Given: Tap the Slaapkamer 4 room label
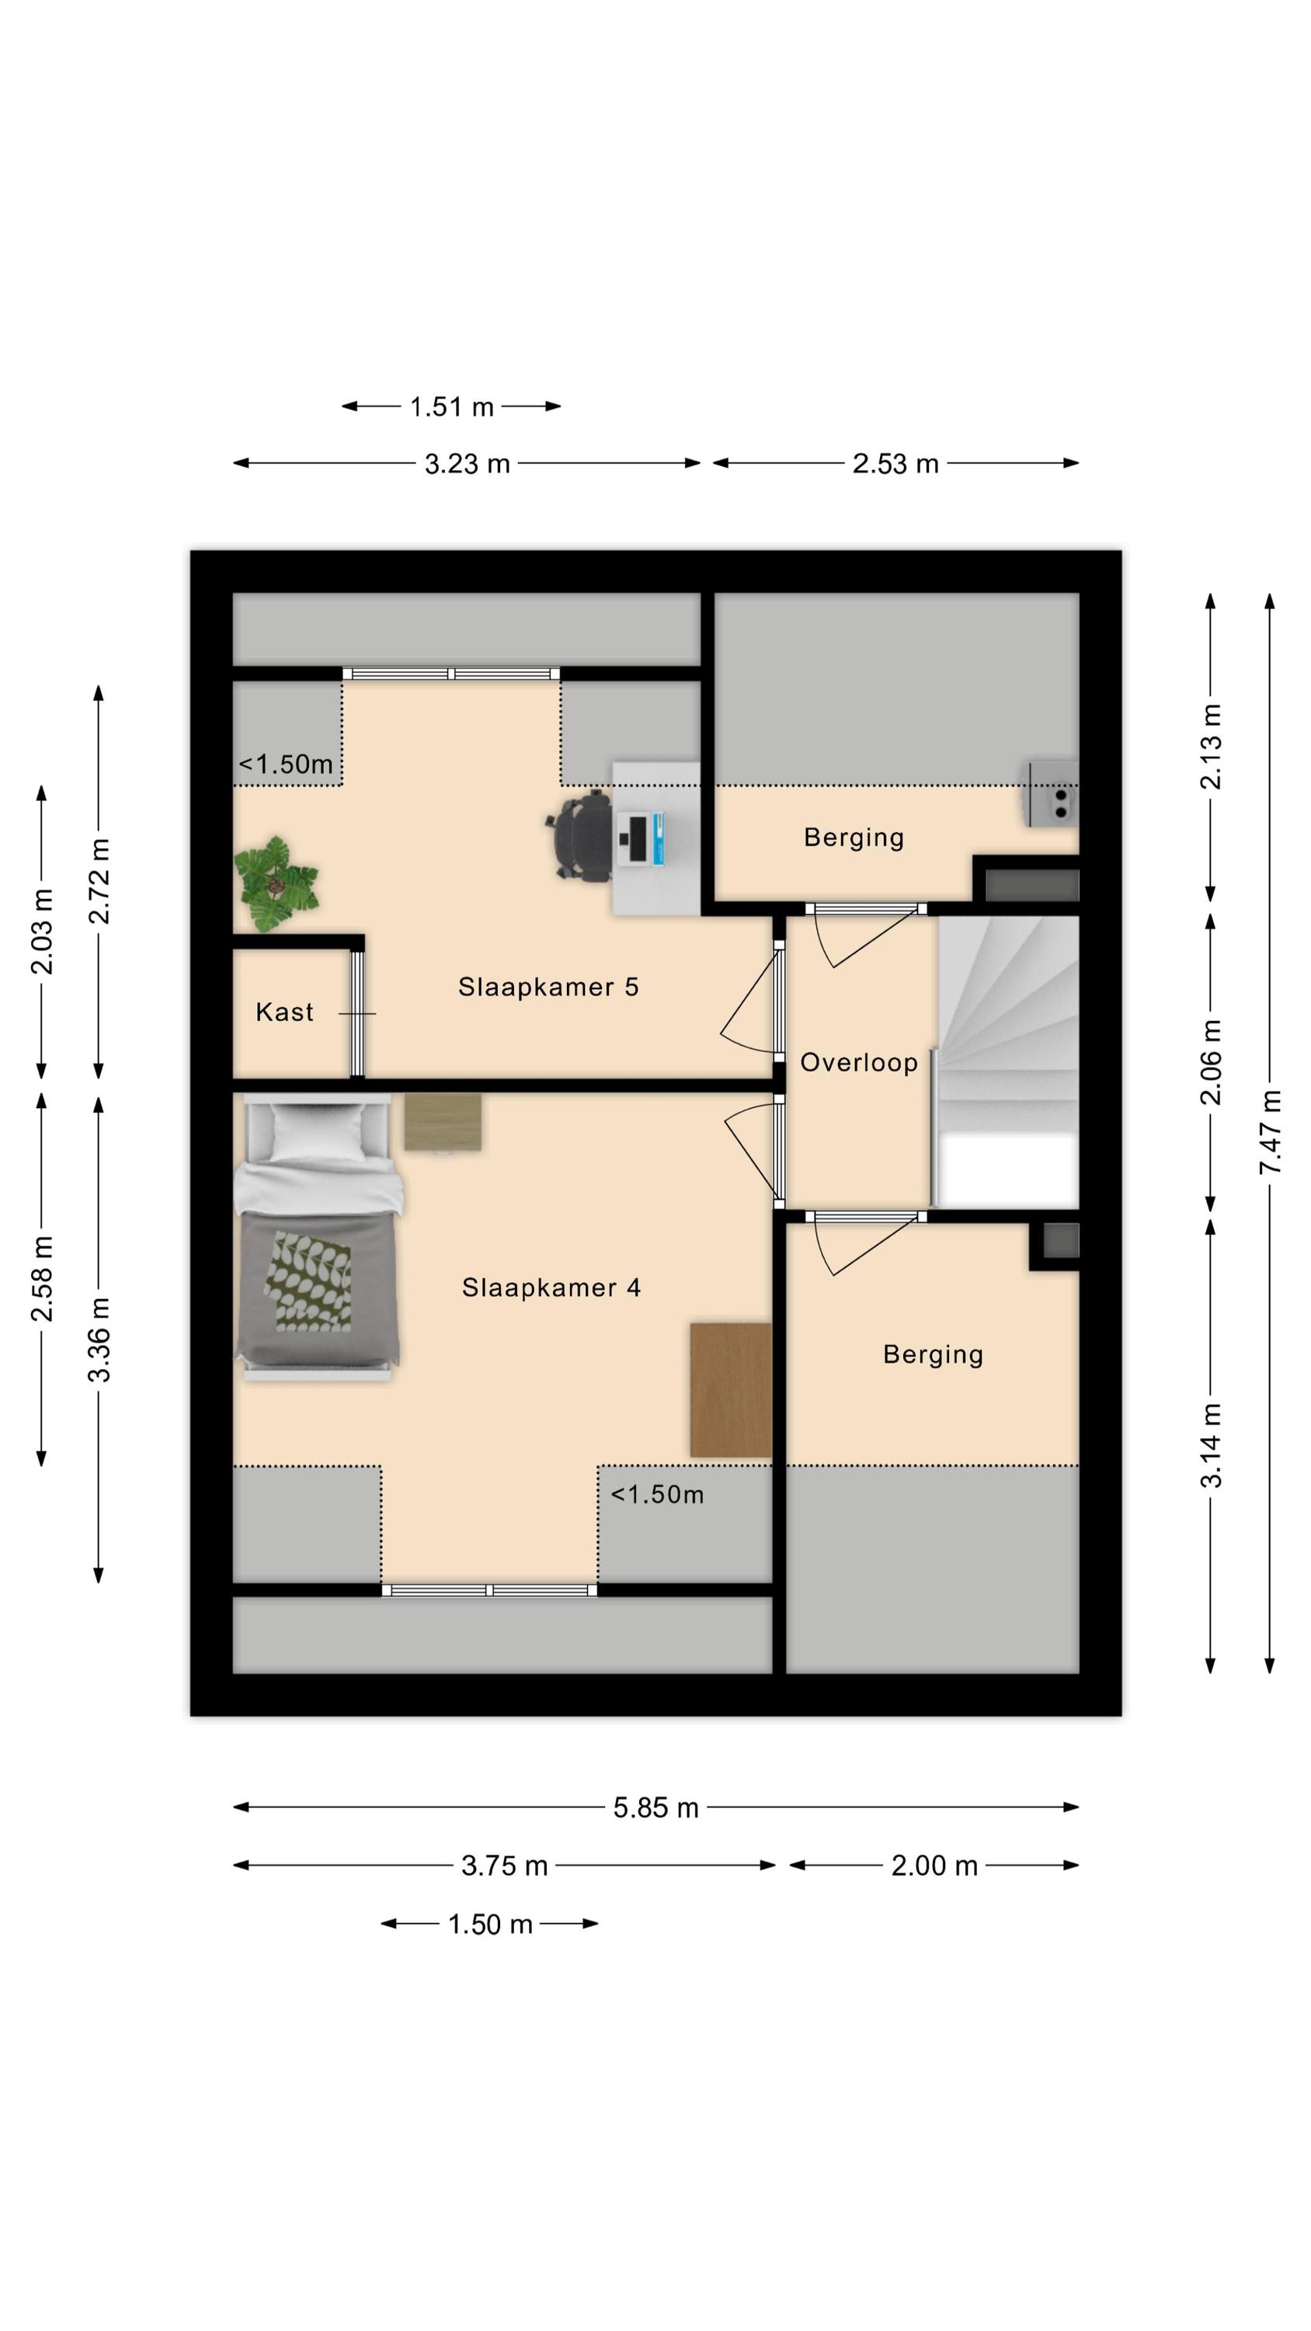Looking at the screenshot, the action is tap(551, 1287).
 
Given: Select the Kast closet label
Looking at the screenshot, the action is tap(284, 1012).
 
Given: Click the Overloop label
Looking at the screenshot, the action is tap(859, 1062).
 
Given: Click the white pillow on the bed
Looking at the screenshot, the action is tap(318, 1131).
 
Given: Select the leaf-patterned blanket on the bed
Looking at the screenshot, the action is tap(308, 1281).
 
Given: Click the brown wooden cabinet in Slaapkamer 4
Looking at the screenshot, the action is tap(731, 1390).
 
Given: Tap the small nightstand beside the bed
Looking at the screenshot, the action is tap(443, 1122).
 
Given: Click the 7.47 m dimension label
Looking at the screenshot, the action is tap(1271, 1132).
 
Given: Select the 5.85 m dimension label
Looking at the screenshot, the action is tap(656, 1807).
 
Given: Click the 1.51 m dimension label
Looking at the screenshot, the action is tap(451, 406).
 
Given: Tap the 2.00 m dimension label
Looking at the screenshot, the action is tap(934, 1865).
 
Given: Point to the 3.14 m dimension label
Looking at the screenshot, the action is tap(1212, 1444).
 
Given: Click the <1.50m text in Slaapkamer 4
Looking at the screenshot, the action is tap(657, 1494).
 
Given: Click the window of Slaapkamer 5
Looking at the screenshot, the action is tap(451, 673).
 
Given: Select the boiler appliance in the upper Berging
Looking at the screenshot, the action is tap(1053, 793).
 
